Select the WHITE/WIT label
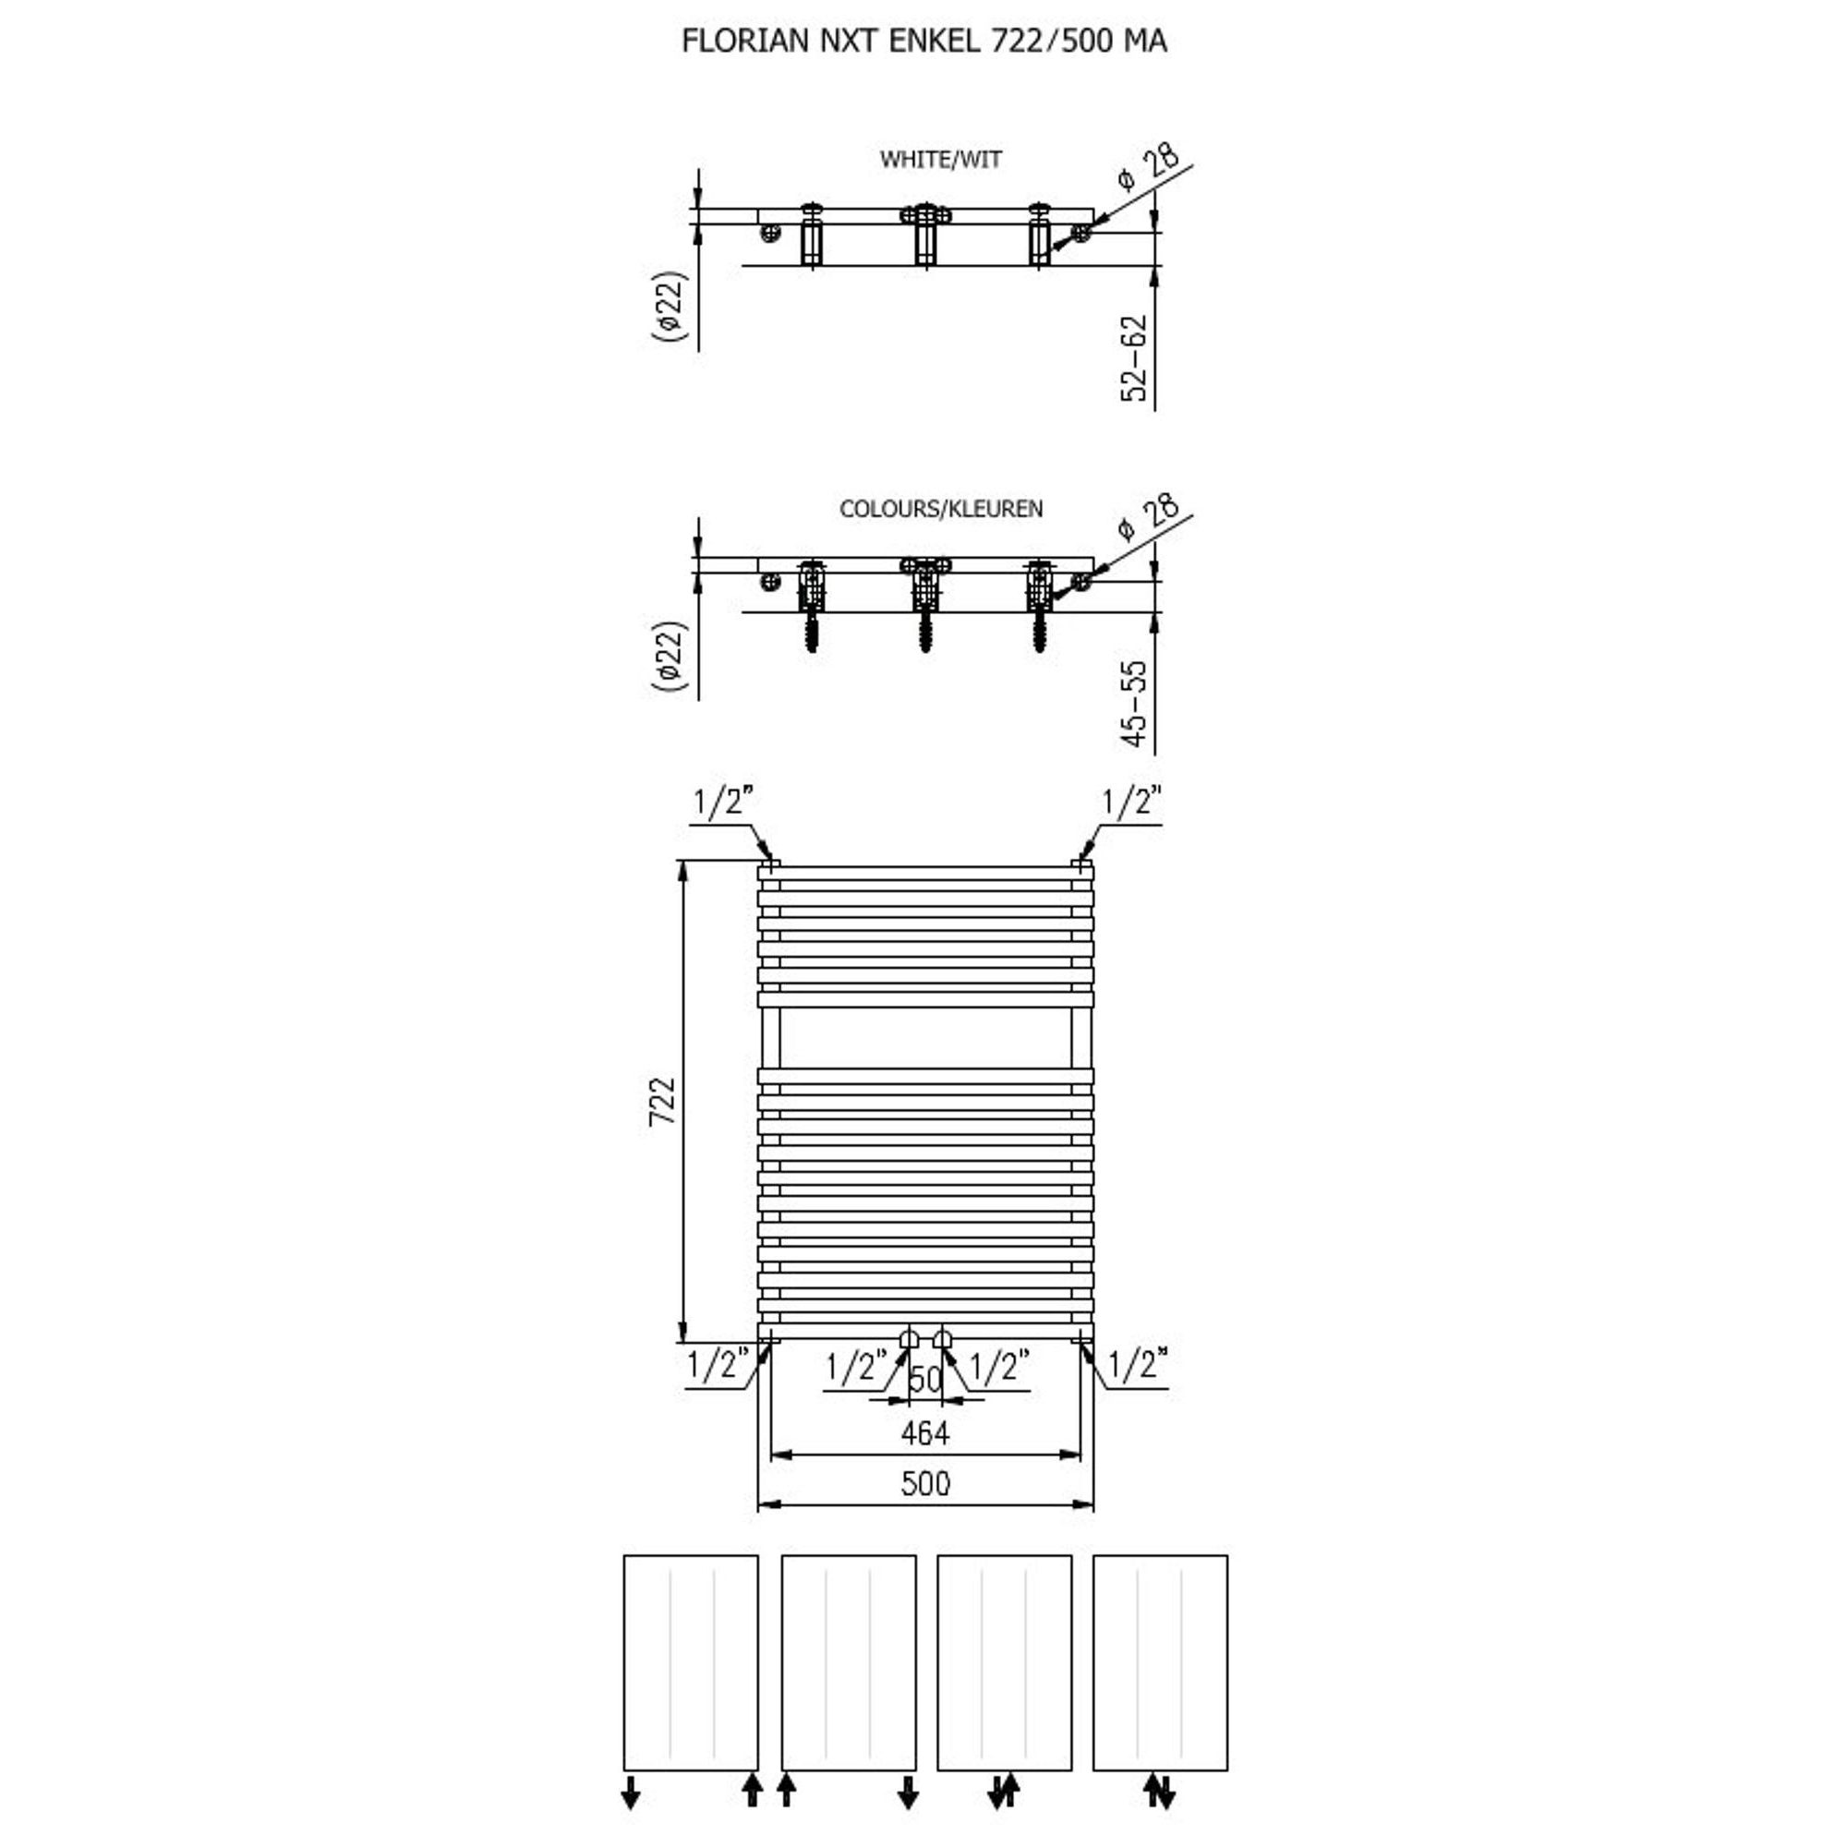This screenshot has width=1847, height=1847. click(x=941, y=159)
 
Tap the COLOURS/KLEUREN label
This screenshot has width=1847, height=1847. click(x=941, y=509)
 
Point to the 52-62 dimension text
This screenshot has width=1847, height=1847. click(x=1134, y=358)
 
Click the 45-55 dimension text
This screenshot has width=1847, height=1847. click(x=1134, y=704)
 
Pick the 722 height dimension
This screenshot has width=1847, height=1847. click(x=661, y=1102)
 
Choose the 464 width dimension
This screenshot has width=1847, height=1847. click(x=924, y=1433)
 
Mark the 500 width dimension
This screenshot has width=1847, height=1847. click(x=924, y=1483)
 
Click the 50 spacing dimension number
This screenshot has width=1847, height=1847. click(x=925, y=1379)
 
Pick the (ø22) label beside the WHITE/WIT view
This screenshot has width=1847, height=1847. click(x=670, y=306)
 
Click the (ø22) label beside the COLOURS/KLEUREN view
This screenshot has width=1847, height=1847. click(x=670, y=656)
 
